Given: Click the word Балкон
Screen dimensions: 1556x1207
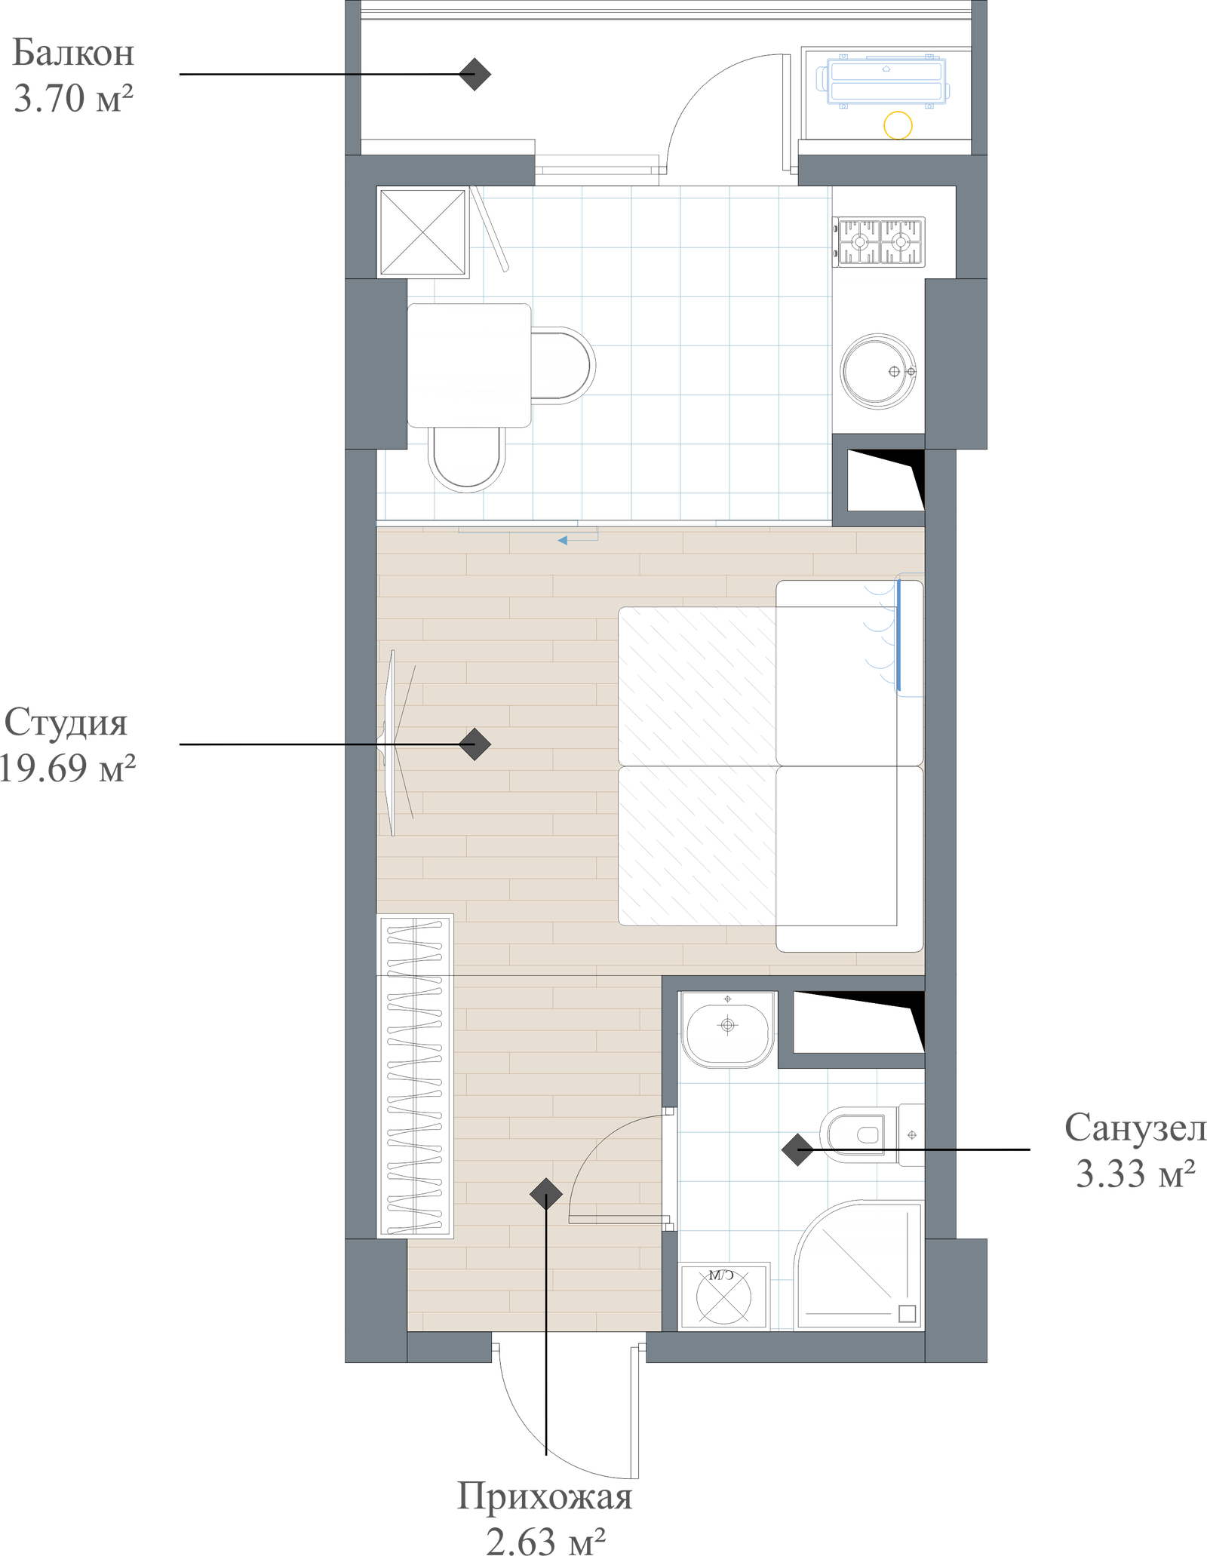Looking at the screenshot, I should [x=74, y=54].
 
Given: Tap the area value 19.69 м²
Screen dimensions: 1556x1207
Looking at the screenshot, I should [x=68, y=768].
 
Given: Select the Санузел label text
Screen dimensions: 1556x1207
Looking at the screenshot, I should [x=1134, y=1128].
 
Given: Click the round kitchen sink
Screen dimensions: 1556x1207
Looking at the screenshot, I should [x=879, y=372].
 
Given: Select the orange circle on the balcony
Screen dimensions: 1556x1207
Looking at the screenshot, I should [x=898, y=124].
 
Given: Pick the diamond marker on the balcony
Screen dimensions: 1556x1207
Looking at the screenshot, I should [x=475, y=74].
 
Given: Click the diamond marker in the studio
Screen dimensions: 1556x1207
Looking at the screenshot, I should [x=475, y=744].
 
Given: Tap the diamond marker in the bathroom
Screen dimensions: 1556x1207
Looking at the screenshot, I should [x=797, y=1150].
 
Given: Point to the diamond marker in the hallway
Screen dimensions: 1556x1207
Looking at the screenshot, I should [x=545, y=1194].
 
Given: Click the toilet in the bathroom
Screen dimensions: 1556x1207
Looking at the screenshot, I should [x=868, y=1134].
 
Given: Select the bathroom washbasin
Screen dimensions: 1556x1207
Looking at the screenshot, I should [x=727, y=1029].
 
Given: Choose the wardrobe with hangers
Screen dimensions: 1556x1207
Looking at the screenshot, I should [x=415, y=1076].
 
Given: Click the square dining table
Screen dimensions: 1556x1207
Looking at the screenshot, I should [x=468, y=365].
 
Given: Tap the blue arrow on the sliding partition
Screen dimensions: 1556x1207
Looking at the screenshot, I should [x=563, y=540].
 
